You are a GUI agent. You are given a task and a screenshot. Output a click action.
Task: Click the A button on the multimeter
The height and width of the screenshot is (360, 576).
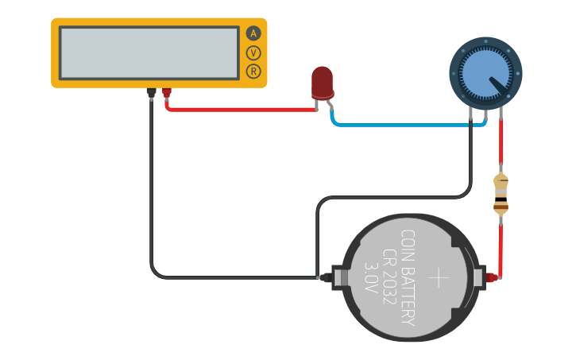(x=253, y=33)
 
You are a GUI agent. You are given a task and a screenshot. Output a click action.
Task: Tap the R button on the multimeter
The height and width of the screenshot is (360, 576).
(x=253, y=72)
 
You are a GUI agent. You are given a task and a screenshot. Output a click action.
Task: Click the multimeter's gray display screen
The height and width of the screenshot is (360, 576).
(x=149, y=52)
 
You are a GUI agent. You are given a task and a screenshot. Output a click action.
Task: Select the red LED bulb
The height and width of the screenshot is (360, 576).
(x=322, y=82)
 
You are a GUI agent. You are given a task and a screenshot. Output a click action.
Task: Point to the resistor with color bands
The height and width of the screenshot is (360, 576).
(x=501, y=195)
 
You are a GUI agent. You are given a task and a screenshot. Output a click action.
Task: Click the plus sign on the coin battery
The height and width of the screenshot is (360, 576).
(x=439, y=277)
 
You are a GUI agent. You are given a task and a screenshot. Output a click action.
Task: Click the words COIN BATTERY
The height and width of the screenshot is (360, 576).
(x=408, y=278)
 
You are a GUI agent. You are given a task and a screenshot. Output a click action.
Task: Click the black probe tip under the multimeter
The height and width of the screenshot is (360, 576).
(x=150, y=94)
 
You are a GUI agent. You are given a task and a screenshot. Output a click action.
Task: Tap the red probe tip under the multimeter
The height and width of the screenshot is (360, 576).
(x=166, y=94)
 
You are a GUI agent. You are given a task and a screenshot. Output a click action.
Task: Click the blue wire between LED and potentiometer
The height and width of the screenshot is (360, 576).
(x=397, y=125)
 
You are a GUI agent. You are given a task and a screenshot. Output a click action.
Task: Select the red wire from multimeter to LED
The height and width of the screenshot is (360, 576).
(x=238, y=110)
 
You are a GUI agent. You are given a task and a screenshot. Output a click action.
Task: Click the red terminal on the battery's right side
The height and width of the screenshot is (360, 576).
(x=492, y=277)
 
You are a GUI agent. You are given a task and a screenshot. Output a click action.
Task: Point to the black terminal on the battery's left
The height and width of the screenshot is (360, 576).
(x=325, y=277)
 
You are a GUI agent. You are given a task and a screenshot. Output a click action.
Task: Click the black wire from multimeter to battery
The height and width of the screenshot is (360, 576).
(x=151, y=199)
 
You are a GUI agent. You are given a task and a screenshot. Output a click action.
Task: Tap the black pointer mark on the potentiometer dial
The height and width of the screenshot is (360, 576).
(x=498, y=83)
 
